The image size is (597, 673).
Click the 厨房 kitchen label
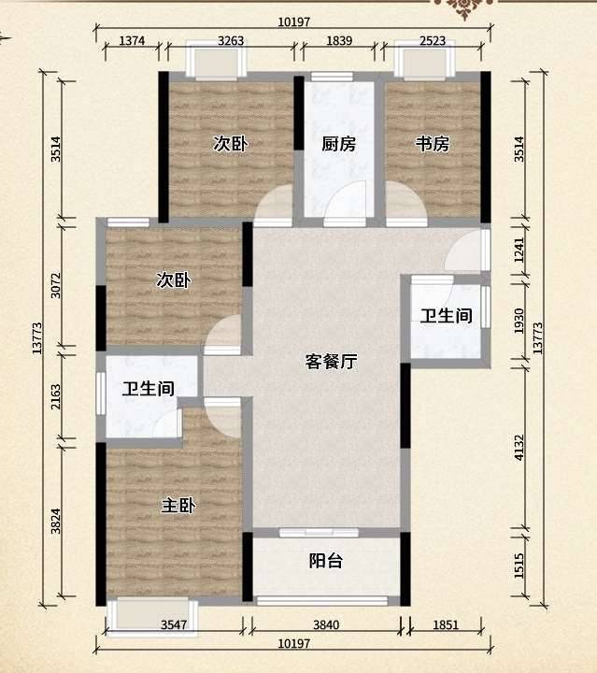click(339, 144)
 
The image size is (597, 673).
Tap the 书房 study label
click(433, 144)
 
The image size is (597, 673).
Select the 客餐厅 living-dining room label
click(331, 362)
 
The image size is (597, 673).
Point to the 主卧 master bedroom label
click(178, 505)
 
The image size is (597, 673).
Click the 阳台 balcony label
click(326, 561)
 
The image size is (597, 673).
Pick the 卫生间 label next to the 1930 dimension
click(446, 316)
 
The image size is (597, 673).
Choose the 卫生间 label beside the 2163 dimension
click(149, 389)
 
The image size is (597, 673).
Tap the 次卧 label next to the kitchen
click(231, 143)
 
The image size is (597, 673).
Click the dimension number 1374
click(132, 41)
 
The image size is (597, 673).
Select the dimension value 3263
click(231, 41)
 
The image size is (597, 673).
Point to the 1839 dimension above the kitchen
click(339, 41)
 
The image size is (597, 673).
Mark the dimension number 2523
click(433, 41)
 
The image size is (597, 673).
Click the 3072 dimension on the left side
click(56, 285)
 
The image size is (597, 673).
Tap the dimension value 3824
click(56, 521)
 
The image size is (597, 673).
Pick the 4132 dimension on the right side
click(519, 448)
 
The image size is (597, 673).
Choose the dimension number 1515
click(519, 566)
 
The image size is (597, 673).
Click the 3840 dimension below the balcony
click(326, 625)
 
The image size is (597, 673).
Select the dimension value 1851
click(446, 625)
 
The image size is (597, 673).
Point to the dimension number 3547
click(174, 625)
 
